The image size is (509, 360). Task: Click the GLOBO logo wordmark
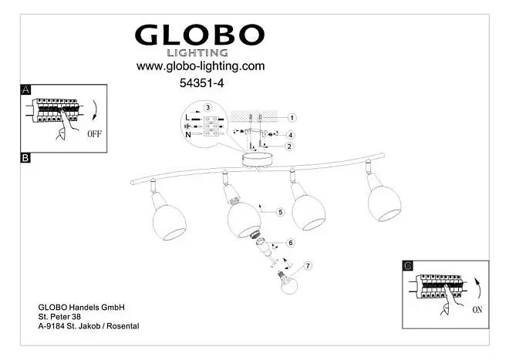(x=200, y=35)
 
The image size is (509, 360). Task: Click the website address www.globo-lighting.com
(x=201, y=66)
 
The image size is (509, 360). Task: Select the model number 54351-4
(x=201, y=83)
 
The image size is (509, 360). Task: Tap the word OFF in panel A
(x=94, y=133)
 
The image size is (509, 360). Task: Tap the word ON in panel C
(x=477, y=310)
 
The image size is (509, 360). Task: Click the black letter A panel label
(x=25, y=89)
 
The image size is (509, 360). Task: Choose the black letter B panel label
(x=25, y=158)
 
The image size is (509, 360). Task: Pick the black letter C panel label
(x=408, y=266)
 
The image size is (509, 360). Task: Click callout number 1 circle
(x=292, y=118)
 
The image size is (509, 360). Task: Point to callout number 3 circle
(x=207, y=107)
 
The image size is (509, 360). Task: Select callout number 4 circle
(x=290, y=135)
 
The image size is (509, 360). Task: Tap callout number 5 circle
(x=281, y=212)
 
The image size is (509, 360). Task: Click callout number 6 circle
(x=291, y=243)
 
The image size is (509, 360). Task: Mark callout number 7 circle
(x=308, y=266)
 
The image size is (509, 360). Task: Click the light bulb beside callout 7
(x=288, y=283)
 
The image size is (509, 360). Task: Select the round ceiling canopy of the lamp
(x=256, y=160)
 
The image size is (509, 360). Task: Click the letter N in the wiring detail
(x=188, y=134)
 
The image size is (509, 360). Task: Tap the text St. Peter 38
(x=59, y=317)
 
